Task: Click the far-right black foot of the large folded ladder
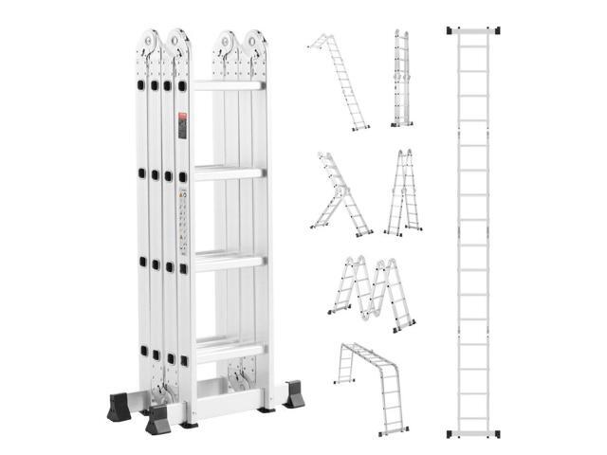coord(294,393)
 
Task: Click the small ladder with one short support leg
coord(338,193)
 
